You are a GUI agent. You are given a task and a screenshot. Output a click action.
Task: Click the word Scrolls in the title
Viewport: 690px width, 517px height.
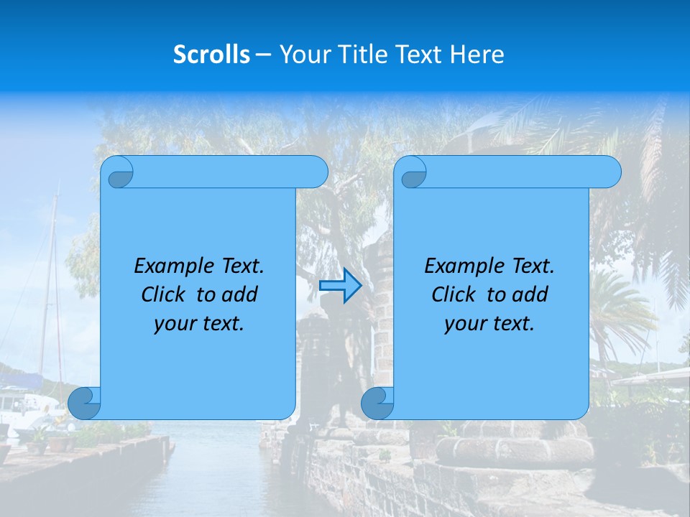click(211, 55)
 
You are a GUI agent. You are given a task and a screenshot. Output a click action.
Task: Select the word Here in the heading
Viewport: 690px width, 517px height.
click(477, 55)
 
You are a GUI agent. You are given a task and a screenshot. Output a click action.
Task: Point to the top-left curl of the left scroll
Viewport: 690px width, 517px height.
click(119, 173)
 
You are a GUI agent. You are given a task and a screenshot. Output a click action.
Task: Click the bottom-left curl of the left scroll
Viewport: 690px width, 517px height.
click(85, 404)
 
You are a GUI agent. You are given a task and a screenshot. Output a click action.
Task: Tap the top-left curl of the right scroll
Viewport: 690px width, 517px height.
click(413, 173)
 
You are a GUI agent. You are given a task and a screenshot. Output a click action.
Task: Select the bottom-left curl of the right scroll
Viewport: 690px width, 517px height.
click(378, 404)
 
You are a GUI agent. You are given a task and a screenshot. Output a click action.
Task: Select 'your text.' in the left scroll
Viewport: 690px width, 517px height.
click(199, 324)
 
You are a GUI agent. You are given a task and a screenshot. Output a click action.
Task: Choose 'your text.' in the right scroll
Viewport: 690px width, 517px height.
click(489, 324)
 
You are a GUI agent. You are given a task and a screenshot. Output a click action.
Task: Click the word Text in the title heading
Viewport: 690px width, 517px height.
click(418, 55)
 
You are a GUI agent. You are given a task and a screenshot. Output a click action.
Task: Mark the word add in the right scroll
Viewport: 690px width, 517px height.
click(531, 295)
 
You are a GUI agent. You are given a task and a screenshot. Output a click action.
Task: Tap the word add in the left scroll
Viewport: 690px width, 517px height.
click(241, 295)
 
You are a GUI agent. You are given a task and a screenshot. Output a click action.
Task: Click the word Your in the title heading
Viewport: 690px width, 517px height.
click(300, 55)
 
